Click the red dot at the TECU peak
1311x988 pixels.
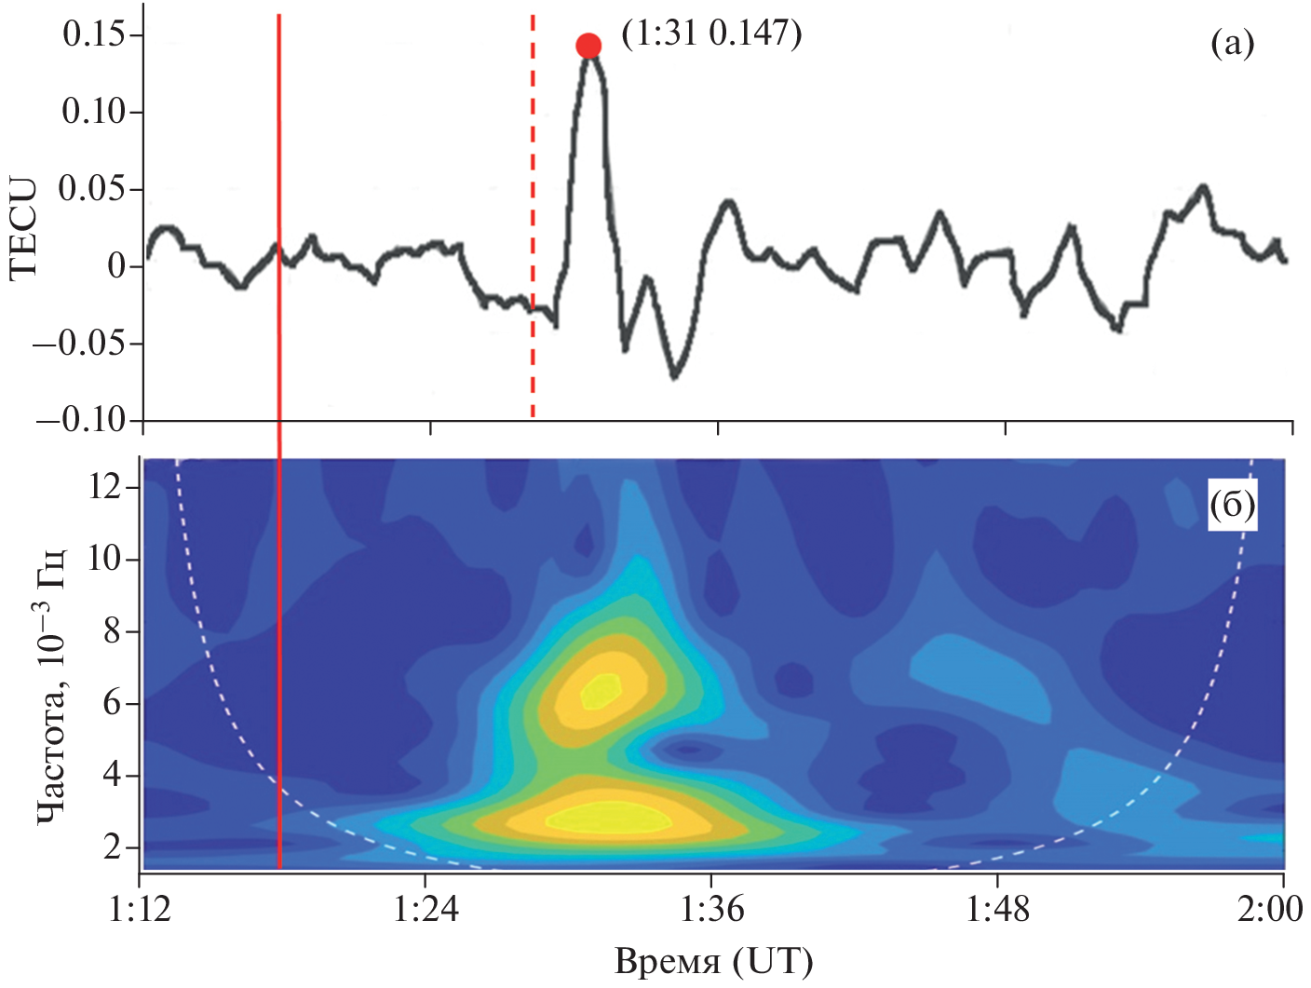point(588,45)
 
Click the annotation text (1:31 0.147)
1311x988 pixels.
point(711,34)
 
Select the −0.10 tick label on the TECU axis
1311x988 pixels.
point(82,420)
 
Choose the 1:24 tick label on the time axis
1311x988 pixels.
point(426,909)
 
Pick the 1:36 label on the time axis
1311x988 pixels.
point(712,909)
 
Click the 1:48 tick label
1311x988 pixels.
point(998,909)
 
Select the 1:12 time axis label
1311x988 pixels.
point(140,909)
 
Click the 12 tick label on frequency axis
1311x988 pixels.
point(105,486)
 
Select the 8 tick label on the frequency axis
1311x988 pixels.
point(114,631)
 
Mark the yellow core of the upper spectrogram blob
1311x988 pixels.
point(600,690)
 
